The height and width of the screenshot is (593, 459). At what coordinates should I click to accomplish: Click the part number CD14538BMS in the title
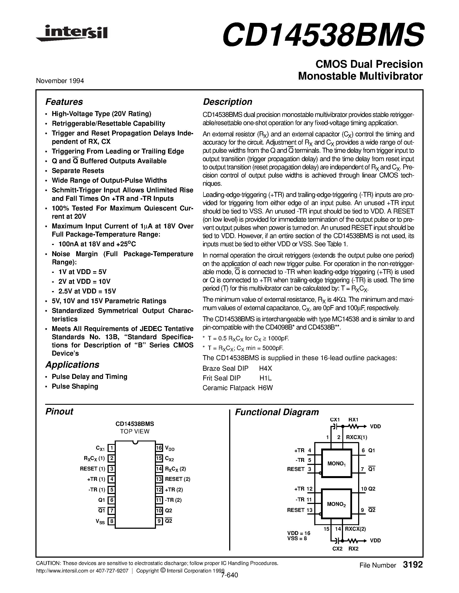tap(323, 35)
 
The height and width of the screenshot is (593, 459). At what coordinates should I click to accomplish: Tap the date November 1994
tap(60, 81)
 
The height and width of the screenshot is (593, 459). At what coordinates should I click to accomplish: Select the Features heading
tap(64, 102)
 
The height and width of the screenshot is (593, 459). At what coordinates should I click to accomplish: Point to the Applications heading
tap(72, 365)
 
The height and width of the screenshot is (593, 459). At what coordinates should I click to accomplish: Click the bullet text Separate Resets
tap(78, 171)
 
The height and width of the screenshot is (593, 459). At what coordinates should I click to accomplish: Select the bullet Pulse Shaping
tap(75, 386)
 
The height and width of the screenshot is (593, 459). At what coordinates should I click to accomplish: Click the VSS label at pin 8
tap(100, 522)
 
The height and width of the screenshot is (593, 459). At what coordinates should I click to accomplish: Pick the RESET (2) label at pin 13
tap(177, 479)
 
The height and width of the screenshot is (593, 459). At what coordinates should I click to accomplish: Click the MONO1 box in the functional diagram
tap(336, 463)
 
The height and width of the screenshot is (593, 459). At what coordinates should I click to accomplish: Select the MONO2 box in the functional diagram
tap(336, 504)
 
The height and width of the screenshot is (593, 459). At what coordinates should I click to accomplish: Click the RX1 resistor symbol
tap(353, 427)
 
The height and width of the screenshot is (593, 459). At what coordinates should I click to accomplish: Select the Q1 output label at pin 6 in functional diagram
tap(372, 450)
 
